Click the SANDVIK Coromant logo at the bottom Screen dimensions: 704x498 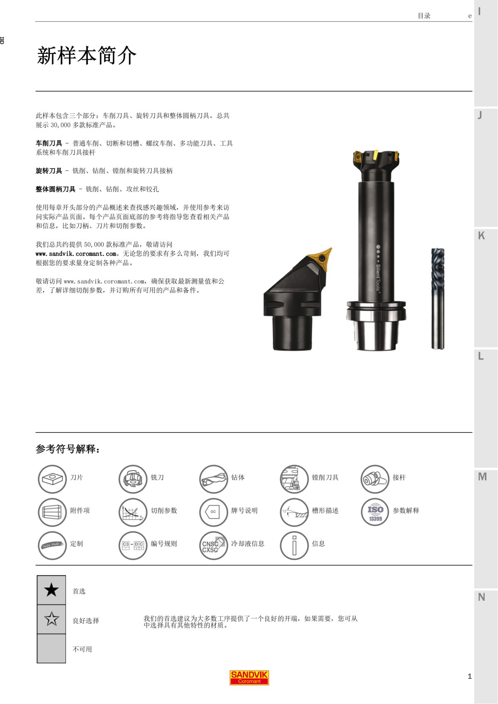(249, 677)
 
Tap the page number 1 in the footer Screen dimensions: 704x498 (469, 676)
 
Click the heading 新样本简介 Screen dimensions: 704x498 (87, 56)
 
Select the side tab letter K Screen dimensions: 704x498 (481, 235)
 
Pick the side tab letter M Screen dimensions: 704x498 (482, 477)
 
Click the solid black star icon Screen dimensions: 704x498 (51, 590)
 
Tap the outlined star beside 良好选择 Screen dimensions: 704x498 (51, 619)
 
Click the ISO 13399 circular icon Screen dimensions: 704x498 (375, 512)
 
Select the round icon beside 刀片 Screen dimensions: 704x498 (52, 479)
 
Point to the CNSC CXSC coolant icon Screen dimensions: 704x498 (213, 545)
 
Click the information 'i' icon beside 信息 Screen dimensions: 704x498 (294, 545)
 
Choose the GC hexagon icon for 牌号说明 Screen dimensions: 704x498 (213, 512)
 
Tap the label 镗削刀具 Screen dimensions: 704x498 (325, 478)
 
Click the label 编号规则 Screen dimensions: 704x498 (164, 544)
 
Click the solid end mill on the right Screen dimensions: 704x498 (437, 299)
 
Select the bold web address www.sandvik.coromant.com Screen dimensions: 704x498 (76, 254)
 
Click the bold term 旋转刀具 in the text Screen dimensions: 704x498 (49, 171)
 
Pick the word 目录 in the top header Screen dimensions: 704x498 (424, 16)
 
